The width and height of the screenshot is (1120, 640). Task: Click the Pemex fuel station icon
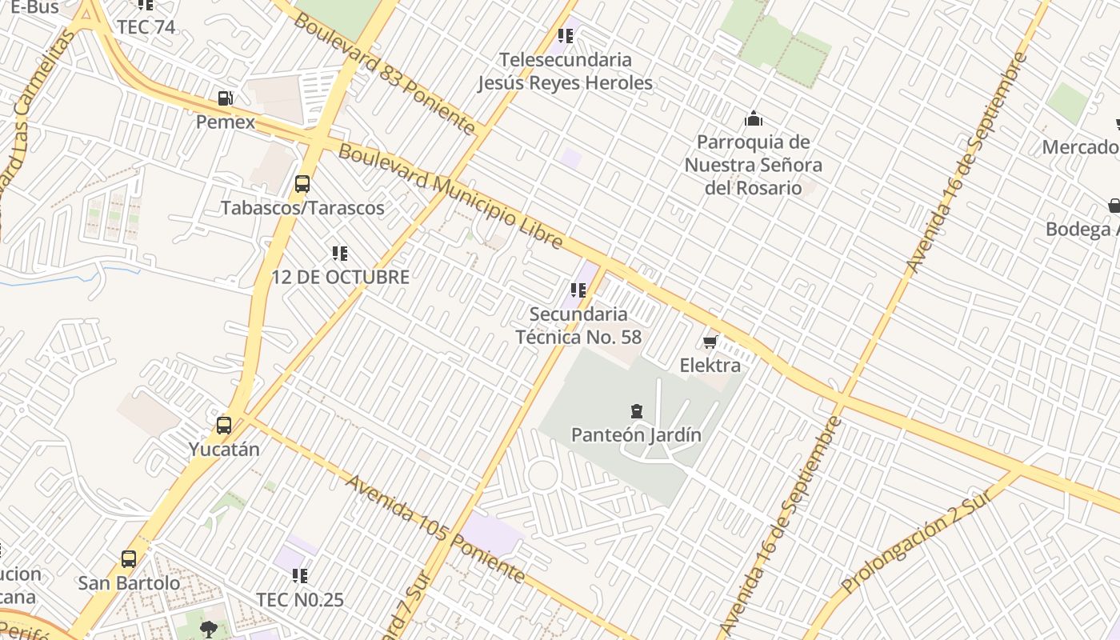(x=226, y=98)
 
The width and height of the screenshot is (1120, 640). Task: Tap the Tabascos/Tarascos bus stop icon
(x=302, y=184)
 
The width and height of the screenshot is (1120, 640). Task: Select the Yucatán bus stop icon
(x=224, y=426)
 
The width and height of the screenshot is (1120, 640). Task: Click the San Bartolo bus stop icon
(x=129, y=559)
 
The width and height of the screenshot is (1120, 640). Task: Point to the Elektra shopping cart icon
(x=710, y=342)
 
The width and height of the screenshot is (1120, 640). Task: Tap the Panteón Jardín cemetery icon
(x=636, y=412)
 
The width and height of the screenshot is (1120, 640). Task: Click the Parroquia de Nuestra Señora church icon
(x=753, y=119)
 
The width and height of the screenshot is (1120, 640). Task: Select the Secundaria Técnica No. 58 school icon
(x=578, y=290)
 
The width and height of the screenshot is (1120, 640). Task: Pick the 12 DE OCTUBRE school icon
(x=340, y=254)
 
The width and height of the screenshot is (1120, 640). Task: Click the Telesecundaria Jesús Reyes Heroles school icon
(x=566, y=36)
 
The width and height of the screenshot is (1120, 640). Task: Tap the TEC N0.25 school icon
(x=300, y=575)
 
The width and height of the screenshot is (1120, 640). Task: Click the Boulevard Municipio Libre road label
(x=450, y=196)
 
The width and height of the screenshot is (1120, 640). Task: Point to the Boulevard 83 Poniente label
(x=385, y=73)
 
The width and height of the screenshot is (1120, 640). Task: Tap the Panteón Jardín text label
(x=636, y=435)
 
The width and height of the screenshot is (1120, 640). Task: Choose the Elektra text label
(x=710, y=366)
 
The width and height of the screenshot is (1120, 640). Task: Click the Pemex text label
(x=226, y=122)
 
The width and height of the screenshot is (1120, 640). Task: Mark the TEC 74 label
(x=146, y=26)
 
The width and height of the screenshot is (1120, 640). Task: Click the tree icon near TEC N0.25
(x=209, y=628)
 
